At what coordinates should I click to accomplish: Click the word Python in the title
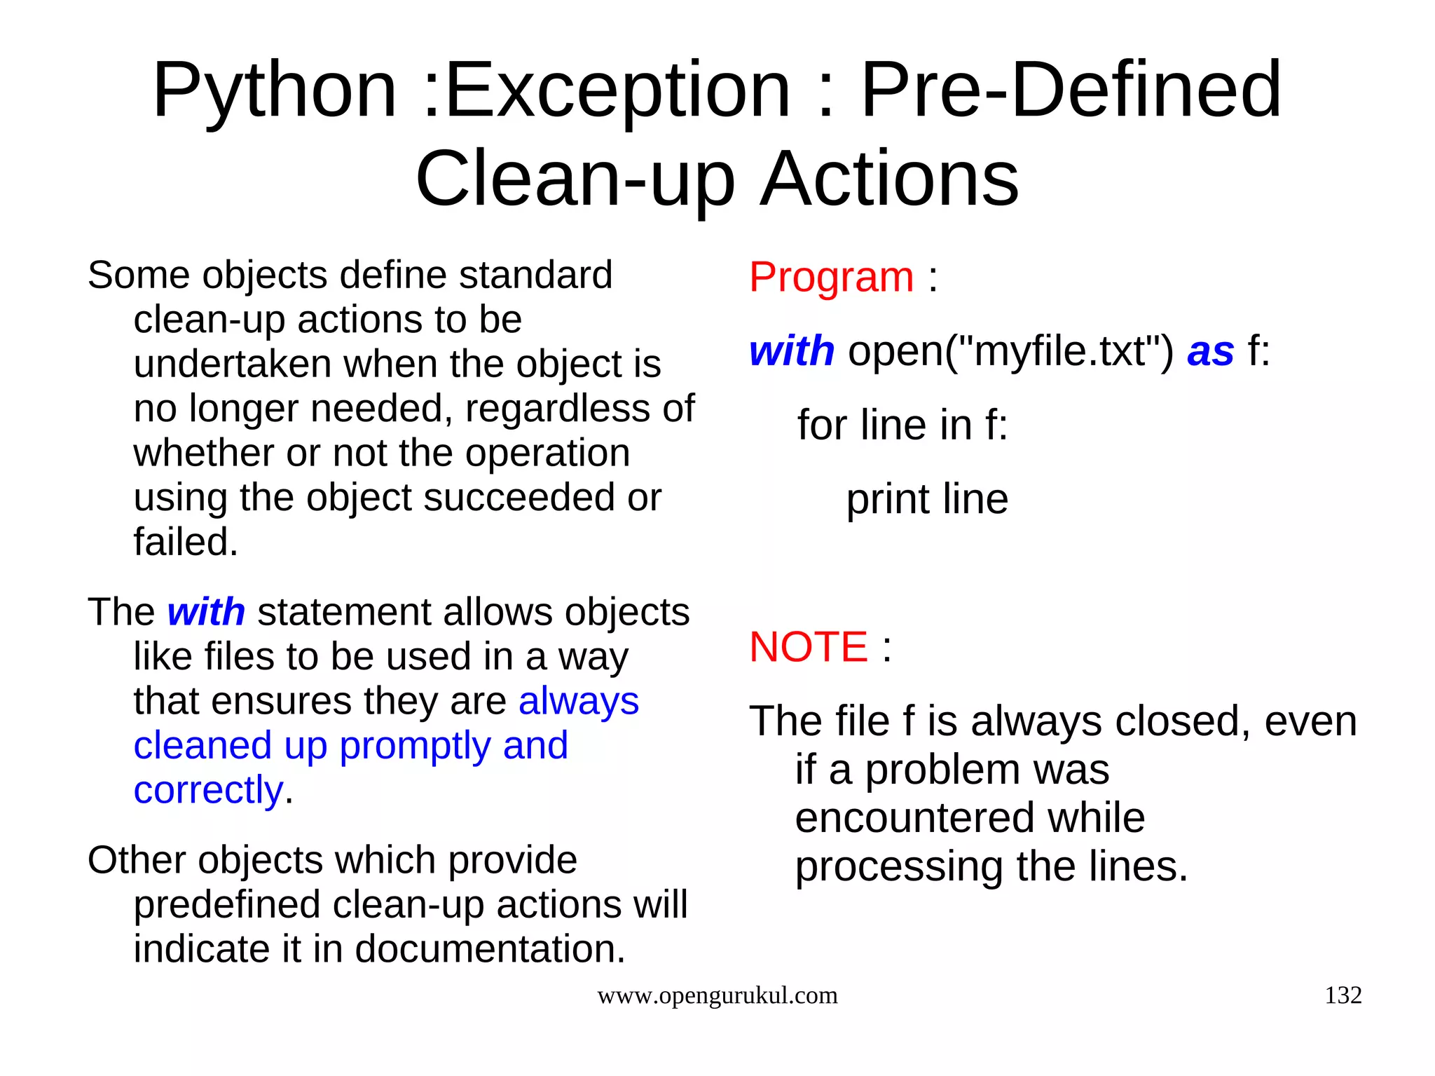pos(275,91)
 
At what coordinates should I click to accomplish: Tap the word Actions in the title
pos(889,179)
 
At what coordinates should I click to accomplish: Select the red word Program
pos(831,277)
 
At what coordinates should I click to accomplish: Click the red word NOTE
pos(808,646)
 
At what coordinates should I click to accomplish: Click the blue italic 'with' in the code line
pos(791,350)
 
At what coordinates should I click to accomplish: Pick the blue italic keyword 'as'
pos(1210,351)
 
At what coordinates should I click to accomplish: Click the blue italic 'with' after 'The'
pos(206,612)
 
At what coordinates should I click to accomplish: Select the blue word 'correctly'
pos(208,790)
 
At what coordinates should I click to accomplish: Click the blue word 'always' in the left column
pos(578,701)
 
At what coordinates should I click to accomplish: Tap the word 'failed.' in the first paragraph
pos(186,542)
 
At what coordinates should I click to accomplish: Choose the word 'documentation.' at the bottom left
pos(490,949)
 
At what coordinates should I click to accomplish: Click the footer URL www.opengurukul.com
pos(717,995)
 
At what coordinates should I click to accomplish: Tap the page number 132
pos(1343,995)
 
